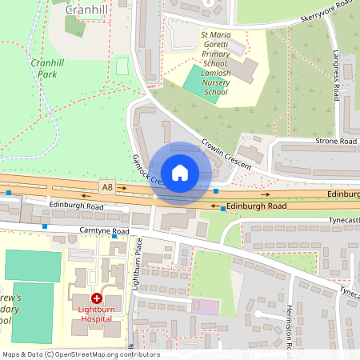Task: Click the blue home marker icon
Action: click(x=180, y=173)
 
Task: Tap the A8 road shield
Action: click(x=107, y=186)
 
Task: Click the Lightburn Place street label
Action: click(x=137, y=263)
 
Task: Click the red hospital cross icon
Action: click(x=97, y=297)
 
